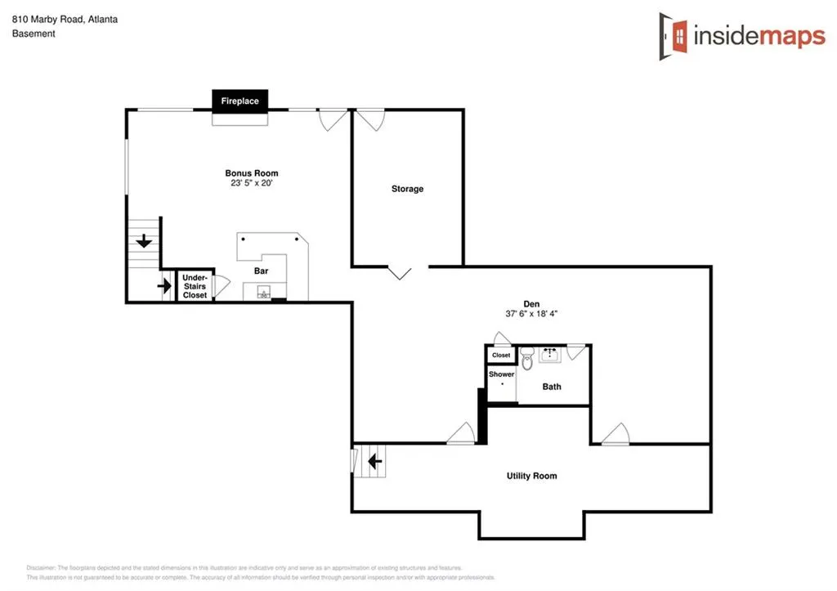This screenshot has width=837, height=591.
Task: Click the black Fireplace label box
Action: [239, 101]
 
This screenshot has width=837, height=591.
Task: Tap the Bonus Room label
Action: [252, 173]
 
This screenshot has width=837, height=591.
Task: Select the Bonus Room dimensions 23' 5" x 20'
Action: [252, 184]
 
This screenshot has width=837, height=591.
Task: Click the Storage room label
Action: [407, 189]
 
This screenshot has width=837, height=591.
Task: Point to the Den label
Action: [532, 303]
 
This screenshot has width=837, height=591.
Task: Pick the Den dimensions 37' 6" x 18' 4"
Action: [532, 314]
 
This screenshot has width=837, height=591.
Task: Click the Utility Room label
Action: [531, 476]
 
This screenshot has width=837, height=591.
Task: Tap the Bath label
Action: [552, 387]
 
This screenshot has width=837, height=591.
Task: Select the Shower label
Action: [501, 374]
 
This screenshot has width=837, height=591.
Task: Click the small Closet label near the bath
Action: [501, 356]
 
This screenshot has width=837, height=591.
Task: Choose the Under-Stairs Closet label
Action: [195, 286]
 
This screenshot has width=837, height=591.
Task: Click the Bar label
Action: [261, 271]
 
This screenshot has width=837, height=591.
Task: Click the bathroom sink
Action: [549, 354]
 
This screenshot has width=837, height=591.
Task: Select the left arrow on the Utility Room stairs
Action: [375, 462]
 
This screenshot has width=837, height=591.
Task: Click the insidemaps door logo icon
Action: [674, 36]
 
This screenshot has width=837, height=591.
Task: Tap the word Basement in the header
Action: [34, 34]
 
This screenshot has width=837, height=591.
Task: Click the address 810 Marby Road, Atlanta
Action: [65, 19]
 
